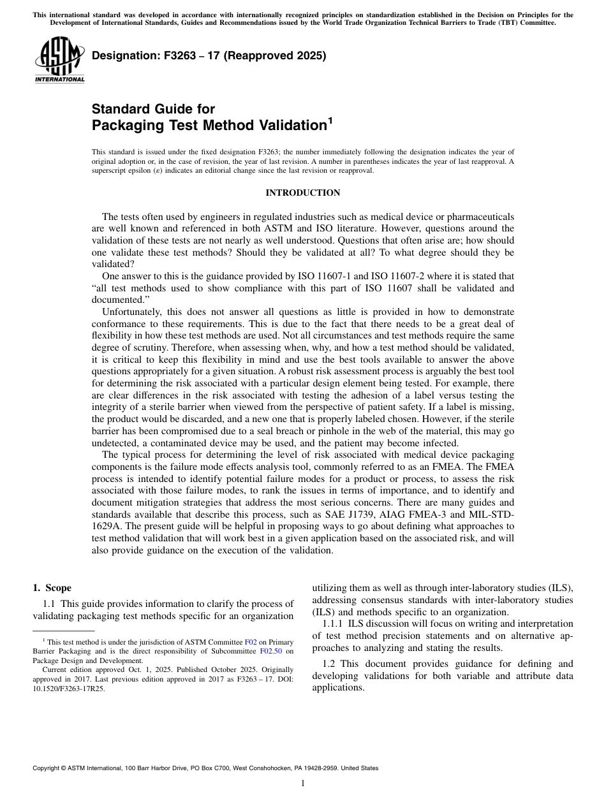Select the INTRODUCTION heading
[302, 193]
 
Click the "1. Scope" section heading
[52, 588]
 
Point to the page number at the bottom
[302, 784]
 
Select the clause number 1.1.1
[334, 624]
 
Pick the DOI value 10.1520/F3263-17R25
[68, 689]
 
